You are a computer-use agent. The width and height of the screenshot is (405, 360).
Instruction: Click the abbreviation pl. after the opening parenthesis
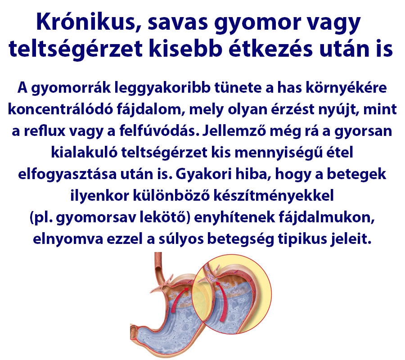[43, 218]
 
